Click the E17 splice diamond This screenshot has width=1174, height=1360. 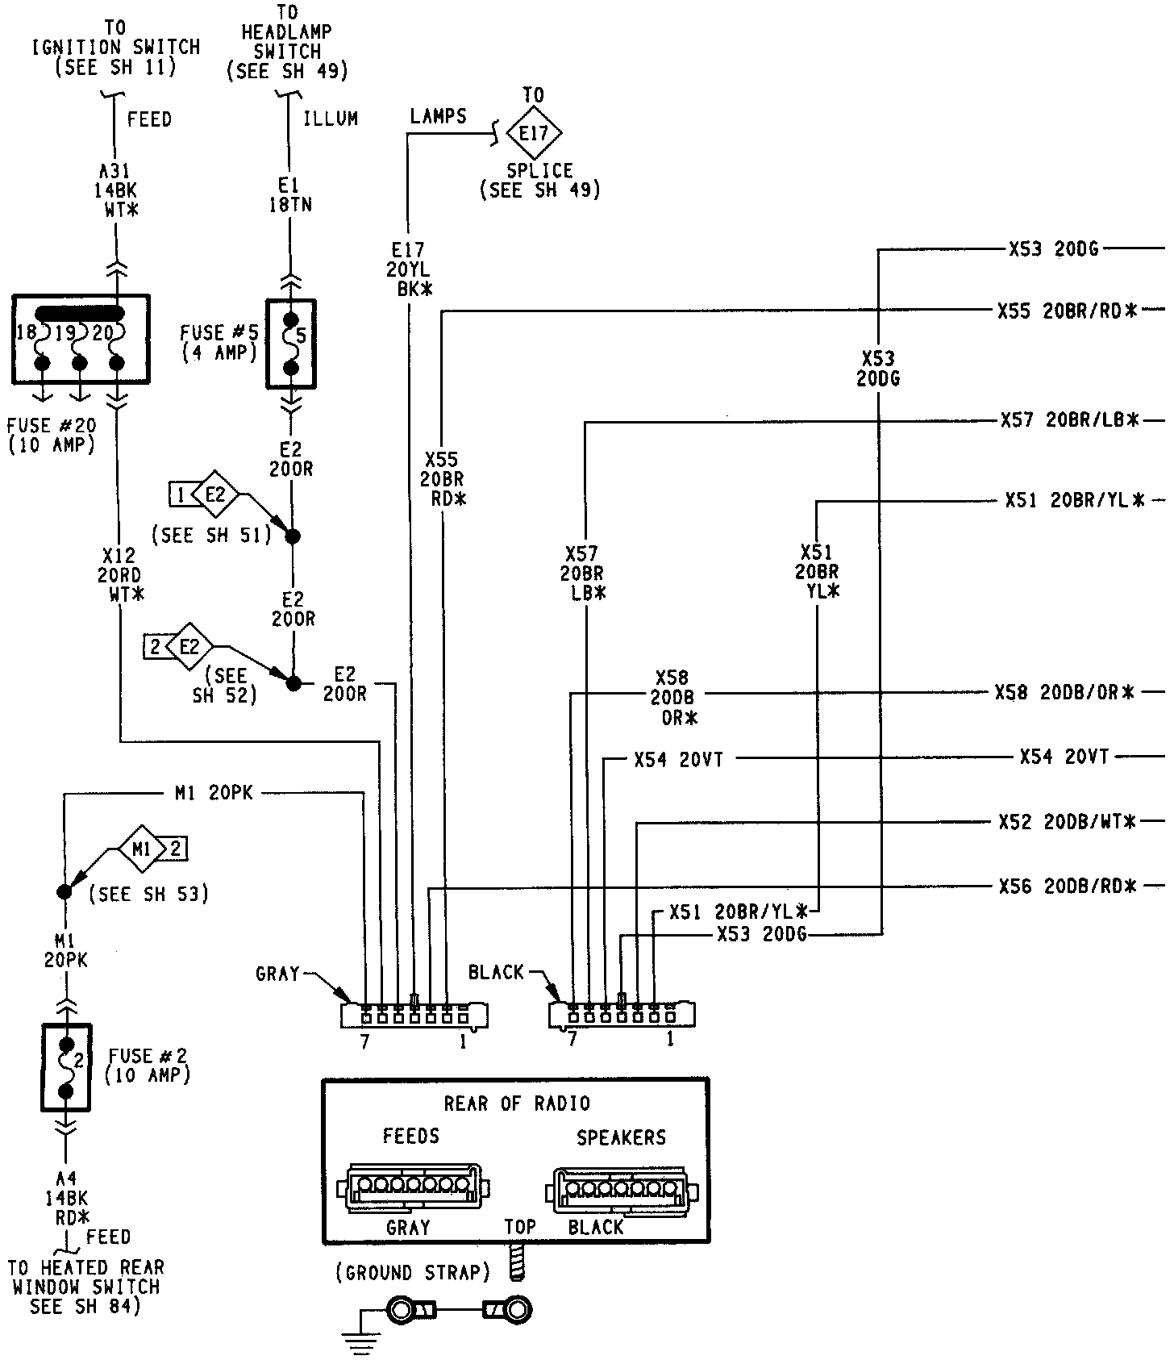[x=533, y=131]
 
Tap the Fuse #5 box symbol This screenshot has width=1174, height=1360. [x=291, y=344]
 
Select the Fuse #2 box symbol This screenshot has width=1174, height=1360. [x=67, y=1066]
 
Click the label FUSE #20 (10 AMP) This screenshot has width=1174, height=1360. [x=52, y=435]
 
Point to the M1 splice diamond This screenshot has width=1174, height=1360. [x=142, y=848]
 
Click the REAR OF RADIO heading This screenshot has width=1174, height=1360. [x=517, y=1103]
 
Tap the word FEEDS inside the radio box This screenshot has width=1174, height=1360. [x=410, y=1137]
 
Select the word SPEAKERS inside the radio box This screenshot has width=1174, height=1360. [x=621, y=1137]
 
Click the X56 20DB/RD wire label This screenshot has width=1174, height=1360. [x=1067, y=887]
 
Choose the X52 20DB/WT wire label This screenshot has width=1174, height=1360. [x=1067, y=822]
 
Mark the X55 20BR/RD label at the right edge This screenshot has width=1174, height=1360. [x=1067, y=311]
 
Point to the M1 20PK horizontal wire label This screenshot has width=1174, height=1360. [x=214, y=794]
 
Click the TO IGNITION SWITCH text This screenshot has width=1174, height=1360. [x=115, y=48]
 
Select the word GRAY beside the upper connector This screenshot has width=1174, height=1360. [x=277, y=974]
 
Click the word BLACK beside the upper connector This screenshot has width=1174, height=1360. [x=496, y=972]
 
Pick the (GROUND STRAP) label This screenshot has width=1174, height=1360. [x=413, y=1273]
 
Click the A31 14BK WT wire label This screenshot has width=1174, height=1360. [x=115, y=190]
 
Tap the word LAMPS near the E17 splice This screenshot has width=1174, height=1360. [x=438, y=116]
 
